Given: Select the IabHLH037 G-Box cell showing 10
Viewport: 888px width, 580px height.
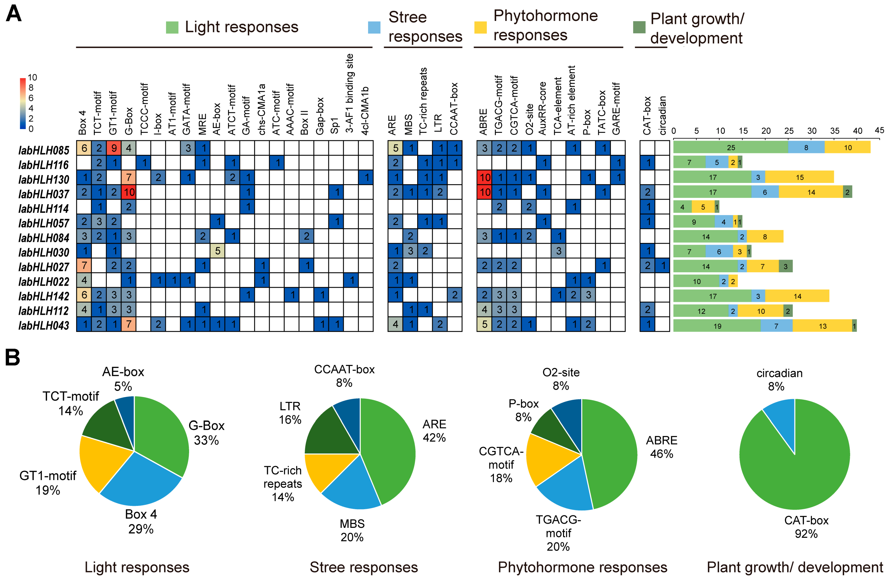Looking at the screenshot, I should coord(129,192).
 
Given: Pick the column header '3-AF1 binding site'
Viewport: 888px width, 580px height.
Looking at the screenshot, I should coord(350,93).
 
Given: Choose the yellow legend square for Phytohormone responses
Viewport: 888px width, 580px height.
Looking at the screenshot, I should coord(480,27).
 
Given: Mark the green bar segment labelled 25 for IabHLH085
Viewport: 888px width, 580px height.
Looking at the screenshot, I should coord(731,147).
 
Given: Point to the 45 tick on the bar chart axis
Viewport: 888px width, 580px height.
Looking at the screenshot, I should coord(879,130).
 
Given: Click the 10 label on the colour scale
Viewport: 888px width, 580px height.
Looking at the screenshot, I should coord(32,77).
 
